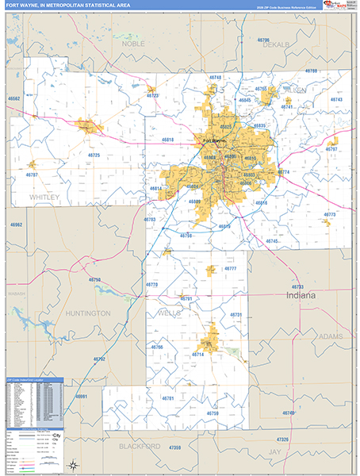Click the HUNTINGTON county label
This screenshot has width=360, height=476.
coord(88,313)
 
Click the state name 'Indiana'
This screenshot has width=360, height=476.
coord(301,295)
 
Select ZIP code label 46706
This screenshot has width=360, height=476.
coord(262,40)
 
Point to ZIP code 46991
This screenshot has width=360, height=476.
coord(81,396)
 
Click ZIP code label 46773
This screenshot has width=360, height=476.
coord(329,214)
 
